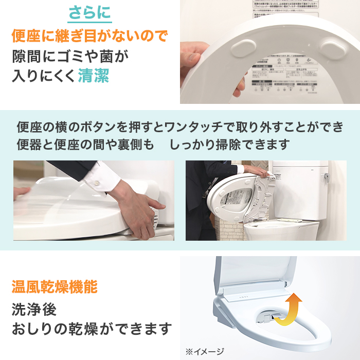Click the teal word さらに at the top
pyautogui.click(x=89, y=13)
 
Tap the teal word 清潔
pyautogui.click(x=94, y=76)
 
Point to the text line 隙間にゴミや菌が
pyautogui.click(x=69, y=56)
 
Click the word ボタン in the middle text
pyautogui.click(x=109, y=127)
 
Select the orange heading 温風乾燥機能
pyautogui.click(x=54, y=287)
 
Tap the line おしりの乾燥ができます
pyautogui.click(x=91, y=328)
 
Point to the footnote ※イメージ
pyautogui.click(x=205, y=352)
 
